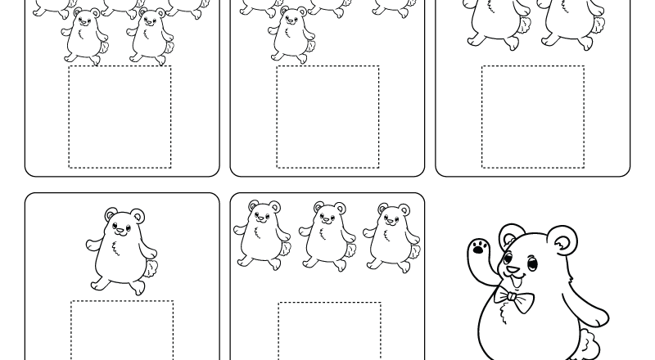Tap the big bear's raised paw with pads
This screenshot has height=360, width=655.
pyautogui.click(x=479, y=250)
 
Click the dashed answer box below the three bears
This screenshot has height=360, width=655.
pyautogui.click(x=329, y=331)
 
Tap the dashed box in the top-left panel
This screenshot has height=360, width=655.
pyautogui.click(x=120, y=117)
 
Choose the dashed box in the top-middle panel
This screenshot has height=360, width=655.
pyautogui.click(x=327, y=117)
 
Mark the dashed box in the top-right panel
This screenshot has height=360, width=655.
pyautogui.click(x=533, y=117)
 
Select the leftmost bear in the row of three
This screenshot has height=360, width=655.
pyautogui.click(x=261, y=236)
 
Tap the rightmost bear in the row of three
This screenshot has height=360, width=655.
pyautogui.click(x=391, y=237)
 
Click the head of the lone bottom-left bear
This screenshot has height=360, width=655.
pyautogui.click(x=124, y=222)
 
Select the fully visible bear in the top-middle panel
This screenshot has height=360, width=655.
pyautogui.click(x=291, y=35)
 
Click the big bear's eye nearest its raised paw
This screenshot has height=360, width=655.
pyautogui.click(x=508, y=260)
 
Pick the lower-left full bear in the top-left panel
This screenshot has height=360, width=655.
pyautogui.click(x=84, y=36)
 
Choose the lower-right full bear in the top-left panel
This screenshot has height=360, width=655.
pyautogui.click(x=150, y=36)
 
